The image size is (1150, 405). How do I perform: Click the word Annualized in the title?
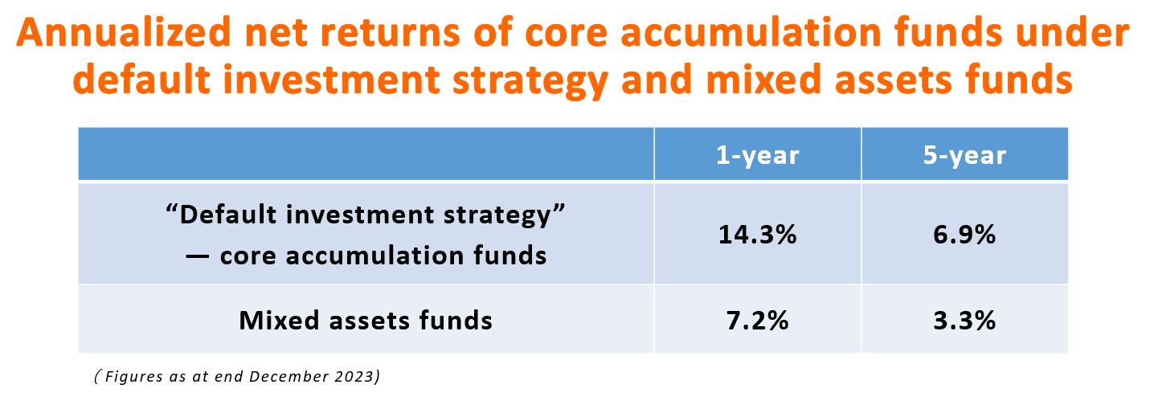point(124,32)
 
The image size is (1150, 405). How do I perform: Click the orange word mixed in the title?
point(764,79)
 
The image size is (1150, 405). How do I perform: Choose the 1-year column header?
point(757,155)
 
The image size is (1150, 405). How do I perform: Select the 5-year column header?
point(964,155)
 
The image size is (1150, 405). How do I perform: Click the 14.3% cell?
point(757,235)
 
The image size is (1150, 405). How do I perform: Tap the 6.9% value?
point(964,235)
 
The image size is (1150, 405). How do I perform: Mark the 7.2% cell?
point(757,321)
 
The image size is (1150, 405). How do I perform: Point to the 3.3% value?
point(964,321)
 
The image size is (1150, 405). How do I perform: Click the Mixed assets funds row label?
point(366,321)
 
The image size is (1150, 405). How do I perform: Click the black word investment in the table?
point(360,214)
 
